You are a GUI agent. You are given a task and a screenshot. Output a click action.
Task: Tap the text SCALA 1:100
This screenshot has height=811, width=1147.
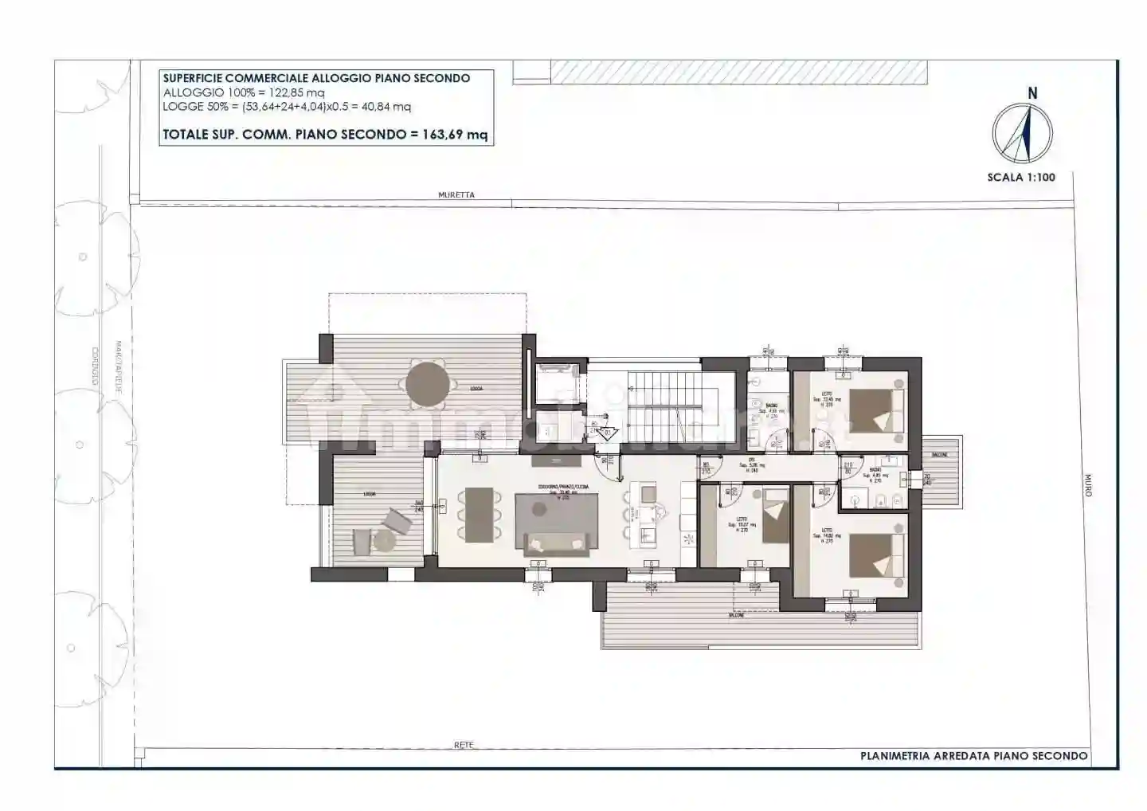point(1021,177)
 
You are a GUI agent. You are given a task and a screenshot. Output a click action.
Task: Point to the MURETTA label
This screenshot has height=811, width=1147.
point(456,195)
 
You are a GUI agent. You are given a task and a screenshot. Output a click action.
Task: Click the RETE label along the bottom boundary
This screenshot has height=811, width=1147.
point(464,745)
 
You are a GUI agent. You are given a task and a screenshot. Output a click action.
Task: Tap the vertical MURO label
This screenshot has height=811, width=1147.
point(1088,487)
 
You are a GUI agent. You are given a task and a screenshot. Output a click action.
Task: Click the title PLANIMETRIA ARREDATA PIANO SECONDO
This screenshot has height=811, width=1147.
point(973,756)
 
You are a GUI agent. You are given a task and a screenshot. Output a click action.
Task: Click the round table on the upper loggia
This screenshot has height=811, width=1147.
point(428,384)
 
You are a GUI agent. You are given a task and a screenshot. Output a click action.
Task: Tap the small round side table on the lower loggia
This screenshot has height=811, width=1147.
point(386,541)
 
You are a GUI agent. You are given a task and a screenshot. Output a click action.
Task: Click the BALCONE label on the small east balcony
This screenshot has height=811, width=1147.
point(939,454)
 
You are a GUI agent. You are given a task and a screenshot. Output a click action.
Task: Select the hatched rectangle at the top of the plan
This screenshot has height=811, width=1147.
point(739,71)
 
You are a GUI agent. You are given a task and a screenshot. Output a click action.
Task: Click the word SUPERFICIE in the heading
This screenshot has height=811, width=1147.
point(193,78)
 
